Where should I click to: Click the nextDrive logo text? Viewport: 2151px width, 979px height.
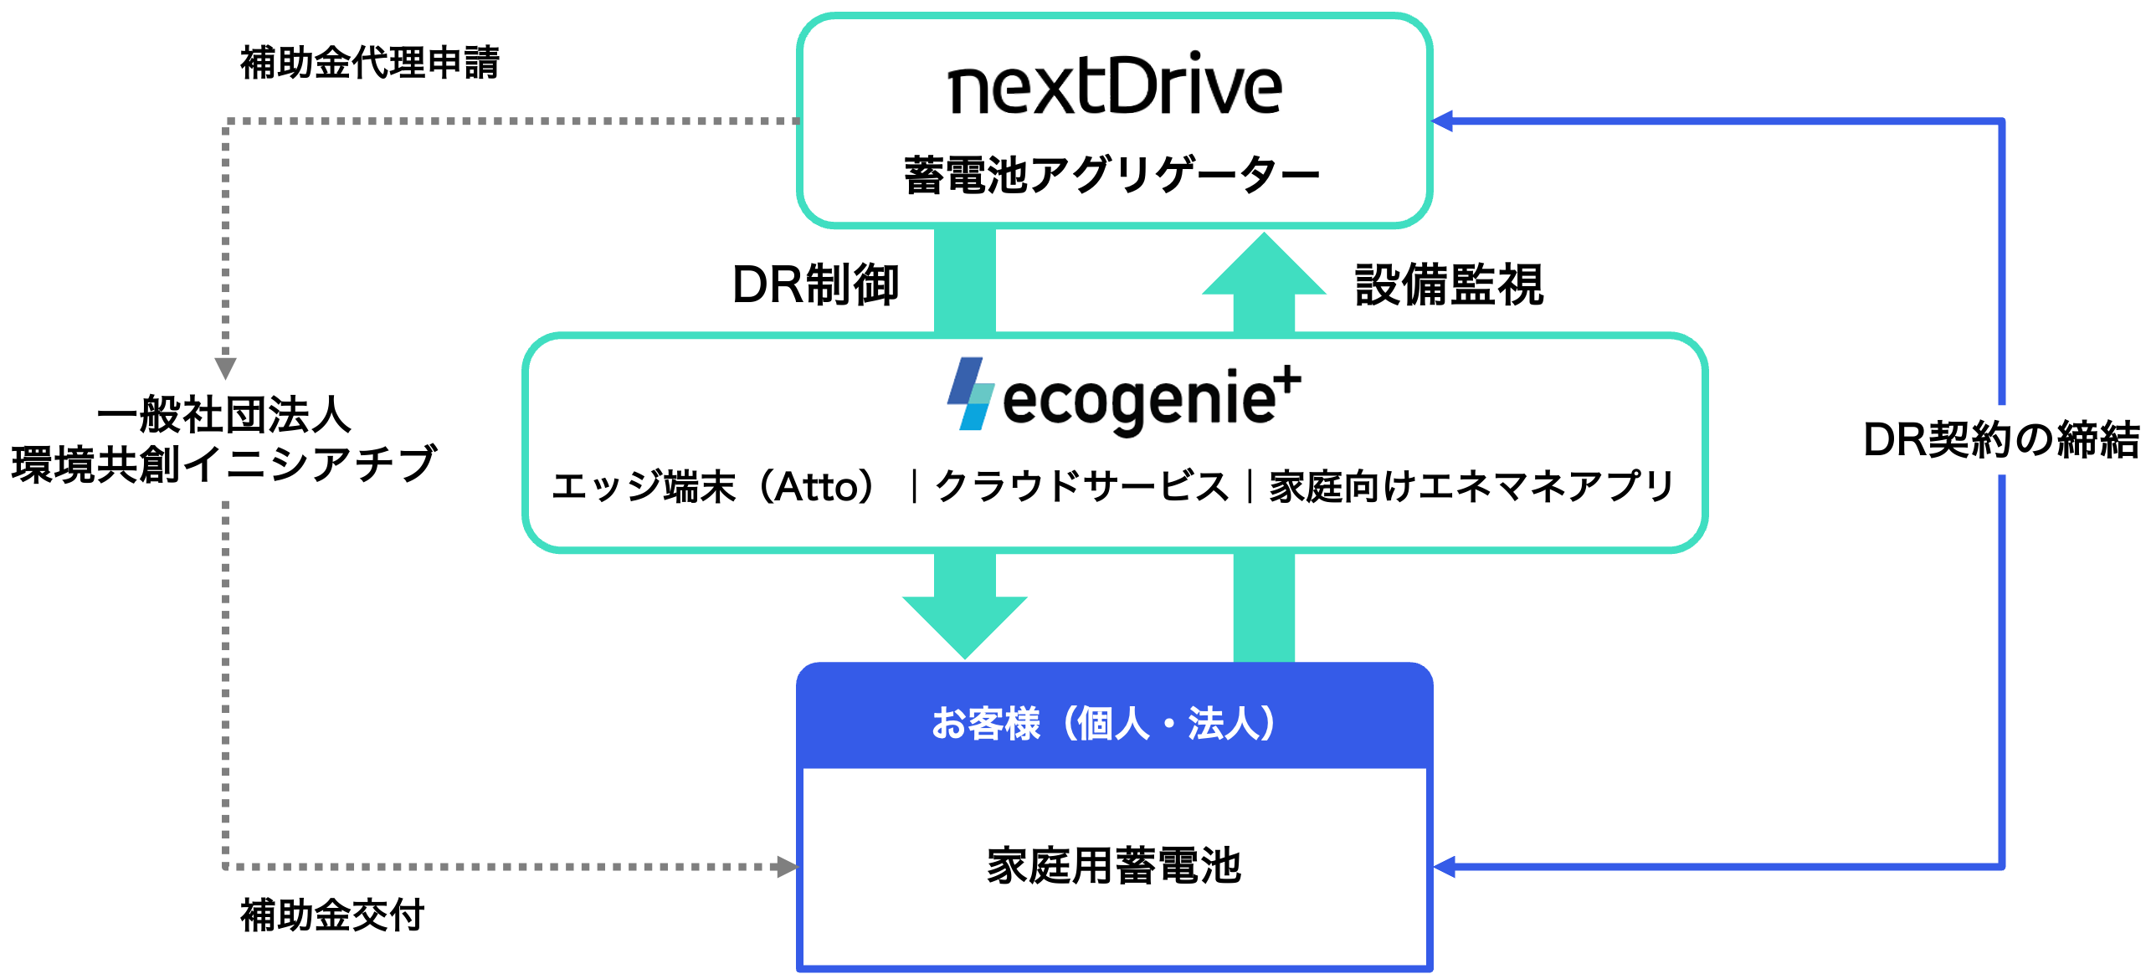[x=1114, y=85]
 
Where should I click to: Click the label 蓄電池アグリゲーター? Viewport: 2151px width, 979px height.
[x=1111, y=177]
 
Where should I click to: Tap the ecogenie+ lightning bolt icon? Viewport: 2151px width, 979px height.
[x=971, y=394]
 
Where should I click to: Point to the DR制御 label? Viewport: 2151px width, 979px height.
[x=815, y=284]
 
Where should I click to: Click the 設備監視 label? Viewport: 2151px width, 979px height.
[x=1449, y=284]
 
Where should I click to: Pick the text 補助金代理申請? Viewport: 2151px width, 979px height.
[x=369, y=63]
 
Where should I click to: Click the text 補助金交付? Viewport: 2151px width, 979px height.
[x=332, y=915]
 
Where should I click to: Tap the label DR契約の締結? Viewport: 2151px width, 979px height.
[x=2000, y=439]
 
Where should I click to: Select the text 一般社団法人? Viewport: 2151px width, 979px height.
[x=224, y=414]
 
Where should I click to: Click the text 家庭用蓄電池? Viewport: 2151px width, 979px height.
[x=1113, y=865]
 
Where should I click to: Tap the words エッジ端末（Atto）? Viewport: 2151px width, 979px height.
[x=714, y=486]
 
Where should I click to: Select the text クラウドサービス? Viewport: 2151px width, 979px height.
[x=1081, y=486]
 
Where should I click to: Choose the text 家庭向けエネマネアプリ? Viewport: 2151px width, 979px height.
[x=1471, y=486]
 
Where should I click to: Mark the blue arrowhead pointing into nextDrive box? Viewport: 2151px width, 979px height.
[x=1443, y=121]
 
